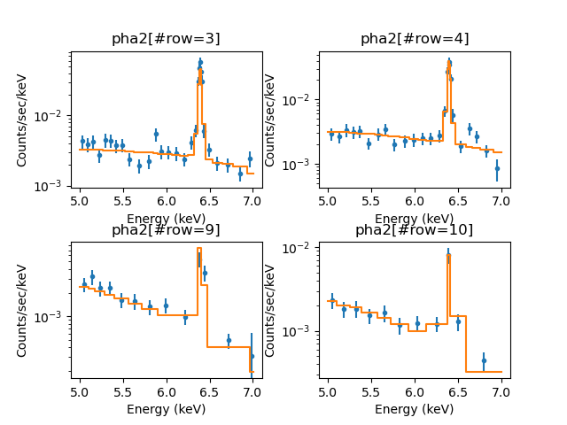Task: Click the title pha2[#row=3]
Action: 166,39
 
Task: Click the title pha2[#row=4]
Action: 415,39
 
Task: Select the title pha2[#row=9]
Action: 166,230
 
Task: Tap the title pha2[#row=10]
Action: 415,230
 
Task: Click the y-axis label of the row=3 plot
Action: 22,120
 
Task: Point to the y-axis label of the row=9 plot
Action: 22,311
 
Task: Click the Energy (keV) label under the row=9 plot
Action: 166,409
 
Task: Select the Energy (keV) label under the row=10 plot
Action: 415,409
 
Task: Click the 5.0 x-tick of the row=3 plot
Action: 81,202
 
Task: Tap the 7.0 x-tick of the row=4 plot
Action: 501,202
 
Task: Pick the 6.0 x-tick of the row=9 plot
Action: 167,393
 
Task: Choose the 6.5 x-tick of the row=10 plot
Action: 458,393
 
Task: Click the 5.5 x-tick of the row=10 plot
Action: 372,393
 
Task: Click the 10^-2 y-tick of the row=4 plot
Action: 301,99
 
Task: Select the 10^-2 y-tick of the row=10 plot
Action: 301,248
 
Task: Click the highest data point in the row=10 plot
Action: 448,257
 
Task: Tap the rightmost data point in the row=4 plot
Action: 497,167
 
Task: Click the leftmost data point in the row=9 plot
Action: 84,285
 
